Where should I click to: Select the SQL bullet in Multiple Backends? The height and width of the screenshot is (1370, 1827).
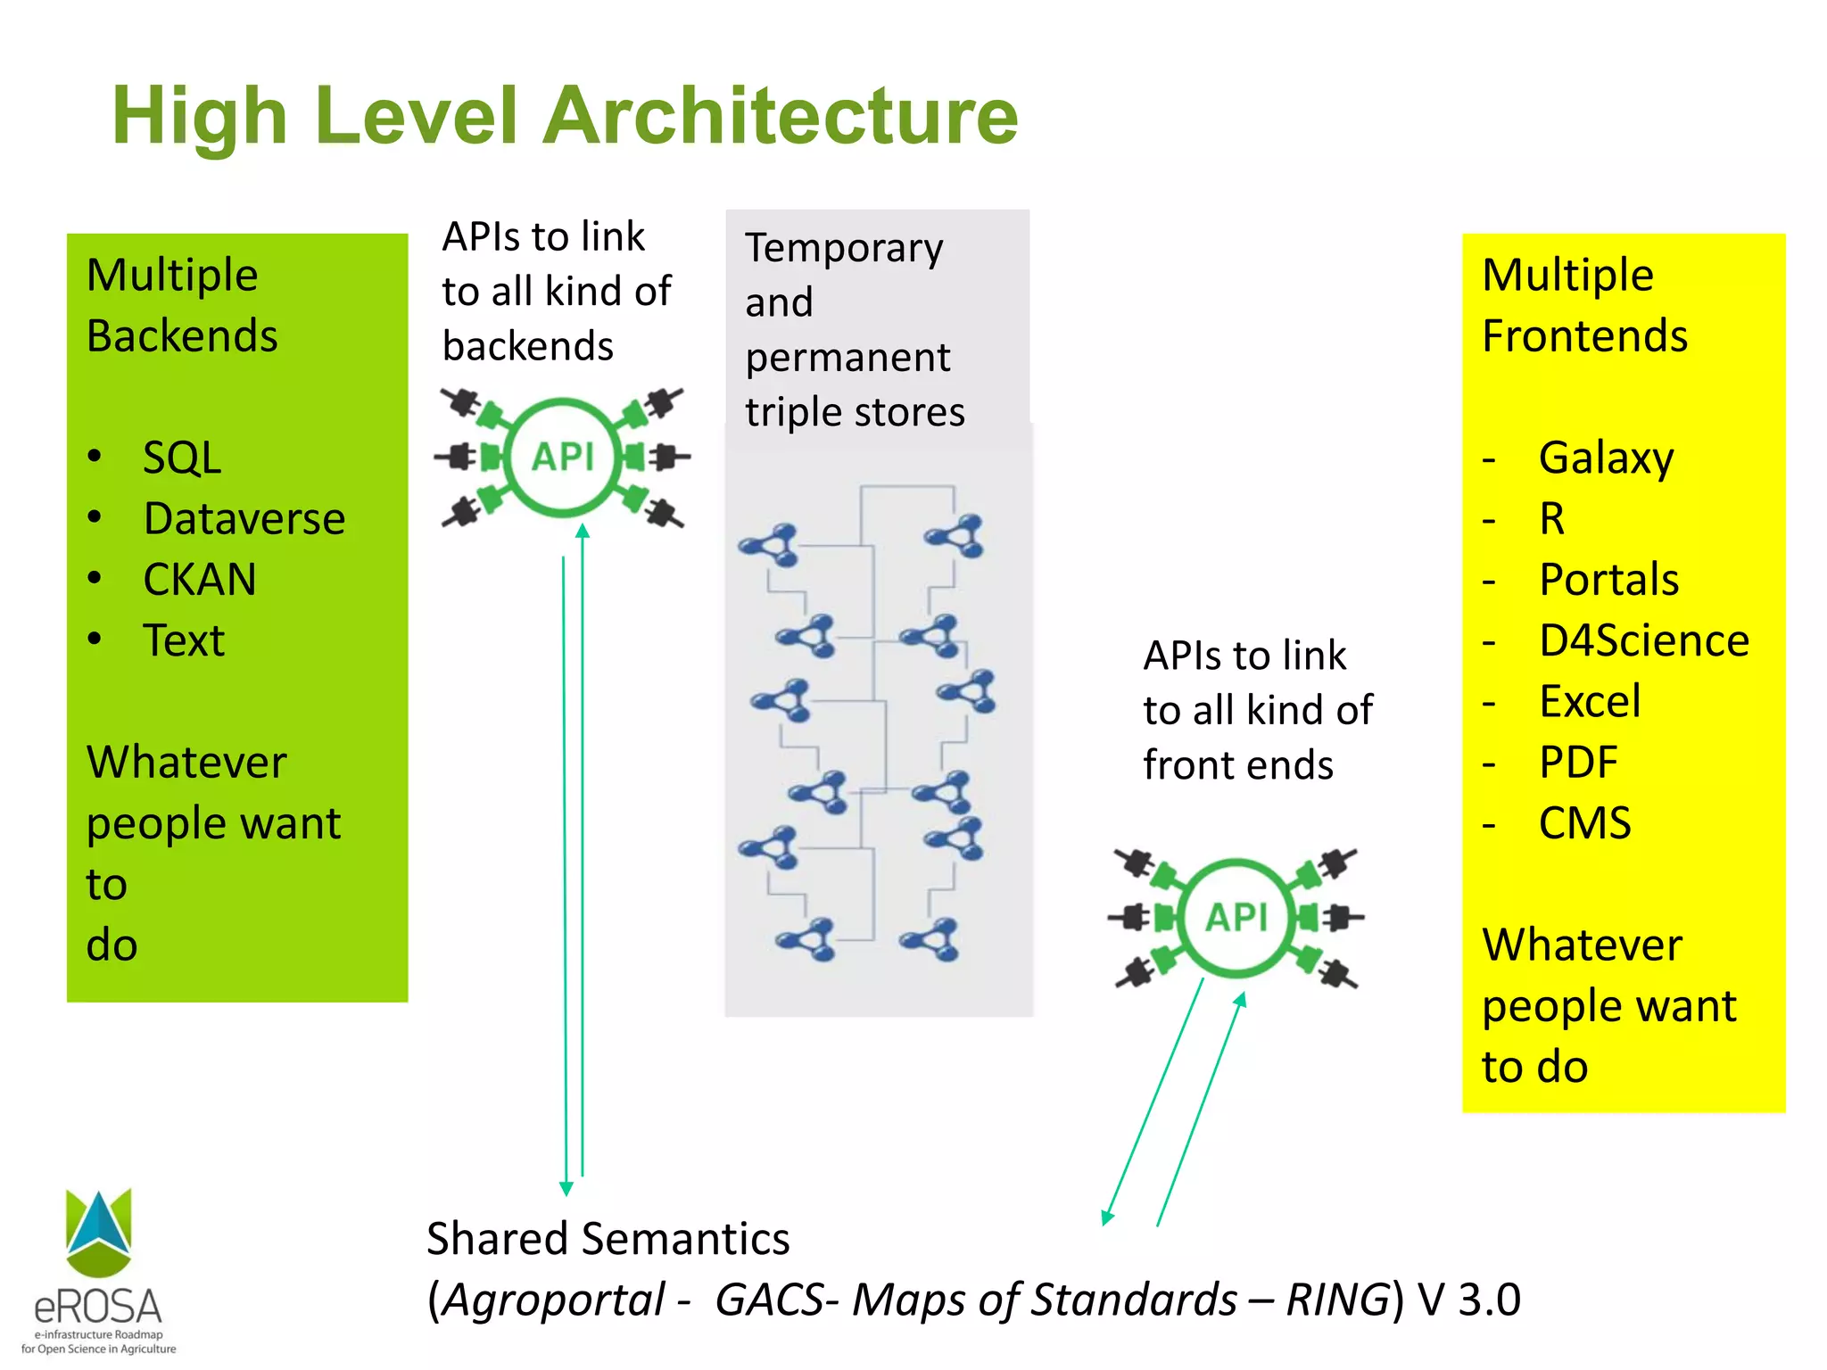tap(182, 458)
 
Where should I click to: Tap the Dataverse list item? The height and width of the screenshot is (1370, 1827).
tap(244, 519)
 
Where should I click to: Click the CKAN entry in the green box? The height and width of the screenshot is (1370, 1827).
tap(199, 580)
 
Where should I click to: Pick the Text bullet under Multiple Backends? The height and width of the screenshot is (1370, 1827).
tap(184, 640)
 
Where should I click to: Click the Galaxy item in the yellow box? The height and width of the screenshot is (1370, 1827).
tap(1606, 458)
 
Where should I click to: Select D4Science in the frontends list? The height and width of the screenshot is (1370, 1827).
tap(1643, 640)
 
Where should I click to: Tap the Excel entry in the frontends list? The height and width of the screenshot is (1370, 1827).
tap(1589, 701)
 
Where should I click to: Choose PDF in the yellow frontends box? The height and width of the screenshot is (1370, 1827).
tap(1577, 763)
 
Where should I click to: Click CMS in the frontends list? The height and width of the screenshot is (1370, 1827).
tap(1584, 823)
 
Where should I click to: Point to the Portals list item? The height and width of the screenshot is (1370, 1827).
tap(1608, 580)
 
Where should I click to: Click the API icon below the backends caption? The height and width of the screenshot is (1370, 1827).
tap(563, 457)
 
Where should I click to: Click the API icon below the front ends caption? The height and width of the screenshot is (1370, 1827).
tap(1236, 917)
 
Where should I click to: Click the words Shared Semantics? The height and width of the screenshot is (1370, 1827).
tap(608, 1239)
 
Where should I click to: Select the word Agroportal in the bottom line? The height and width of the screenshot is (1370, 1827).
tap(554, 1300)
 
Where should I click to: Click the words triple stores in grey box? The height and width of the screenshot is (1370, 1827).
tap(855, 412)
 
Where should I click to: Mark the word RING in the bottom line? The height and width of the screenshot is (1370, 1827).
tap(1336, 1300)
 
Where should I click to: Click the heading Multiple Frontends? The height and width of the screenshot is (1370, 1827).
tap(1583, 305)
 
